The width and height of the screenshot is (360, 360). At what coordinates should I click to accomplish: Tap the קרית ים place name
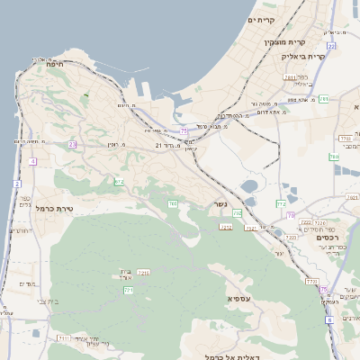tap(261, 19)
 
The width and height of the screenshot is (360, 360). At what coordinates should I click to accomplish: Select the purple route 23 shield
tap(71, 144)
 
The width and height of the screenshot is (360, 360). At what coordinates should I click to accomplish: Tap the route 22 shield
tap(331, 45)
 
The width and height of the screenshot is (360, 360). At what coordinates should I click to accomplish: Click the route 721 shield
tap(129, 291)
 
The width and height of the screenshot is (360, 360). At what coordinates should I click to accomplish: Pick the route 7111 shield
tap(66, 338)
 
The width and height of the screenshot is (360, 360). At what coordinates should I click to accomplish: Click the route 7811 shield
tap(288, 78)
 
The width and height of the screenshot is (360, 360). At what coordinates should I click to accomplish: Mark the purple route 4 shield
tap(32, 161)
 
